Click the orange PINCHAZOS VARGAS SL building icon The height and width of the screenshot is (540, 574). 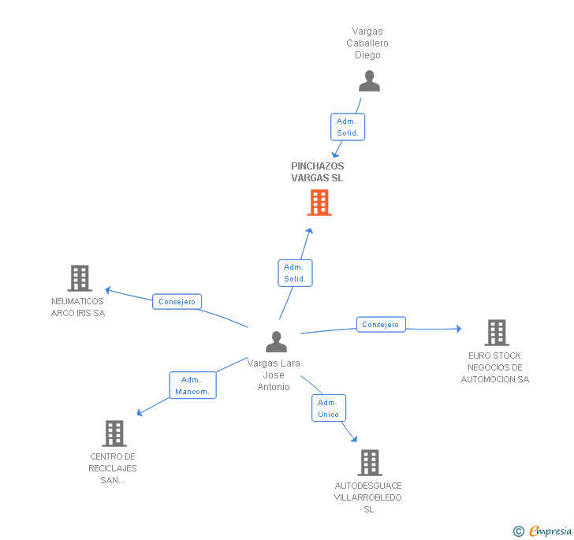click(x=319, y=203)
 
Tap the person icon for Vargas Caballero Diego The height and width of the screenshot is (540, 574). click(x=368, y=81)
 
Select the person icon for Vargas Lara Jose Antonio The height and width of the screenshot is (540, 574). click(x=276, y=341)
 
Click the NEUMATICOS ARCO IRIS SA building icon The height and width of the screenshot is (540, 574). click(x=79, y=278)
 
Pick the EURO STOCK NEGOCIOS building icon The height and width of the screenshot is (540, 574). click(x=496, y=333)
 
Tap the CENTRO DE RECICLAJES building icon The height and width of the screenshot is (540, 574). click(x=114, y=434)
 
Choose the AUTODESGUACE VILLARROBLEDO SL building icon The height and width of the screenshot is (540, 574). click(x=369, y=463)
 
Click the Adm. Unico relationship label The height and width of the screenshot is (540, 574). click(x=328, y=408)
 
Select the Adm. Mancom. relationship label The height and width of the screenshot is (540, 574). click(x=192, y=385)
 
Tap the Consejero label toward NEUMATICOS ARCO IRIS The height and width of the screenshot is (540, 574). click(x=177, y=301)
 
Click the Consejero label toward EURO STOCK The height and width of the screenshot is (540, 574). click(x=381, y=324)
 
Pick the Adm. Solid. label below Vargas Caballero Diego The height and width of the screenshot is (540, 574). click(x=348, y=127)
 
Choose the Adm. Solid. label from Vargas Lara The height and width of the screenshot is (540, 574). click(x=295, y=273)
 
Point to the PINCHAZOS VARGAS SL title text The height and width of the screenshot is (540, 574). click(x=317, y=172)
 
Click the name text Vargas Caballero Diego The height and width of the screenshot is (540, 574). click(x=367, y=43)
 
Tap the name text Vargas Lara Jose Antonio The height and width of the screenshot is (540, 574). click(x=274, y=375)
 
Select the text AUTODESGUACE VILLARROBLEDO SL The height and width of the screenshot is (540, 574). click(x=368, y=497)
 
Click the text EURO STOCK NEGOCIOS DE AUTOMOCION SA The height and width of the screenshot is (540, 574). click(x=495, y=367)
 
